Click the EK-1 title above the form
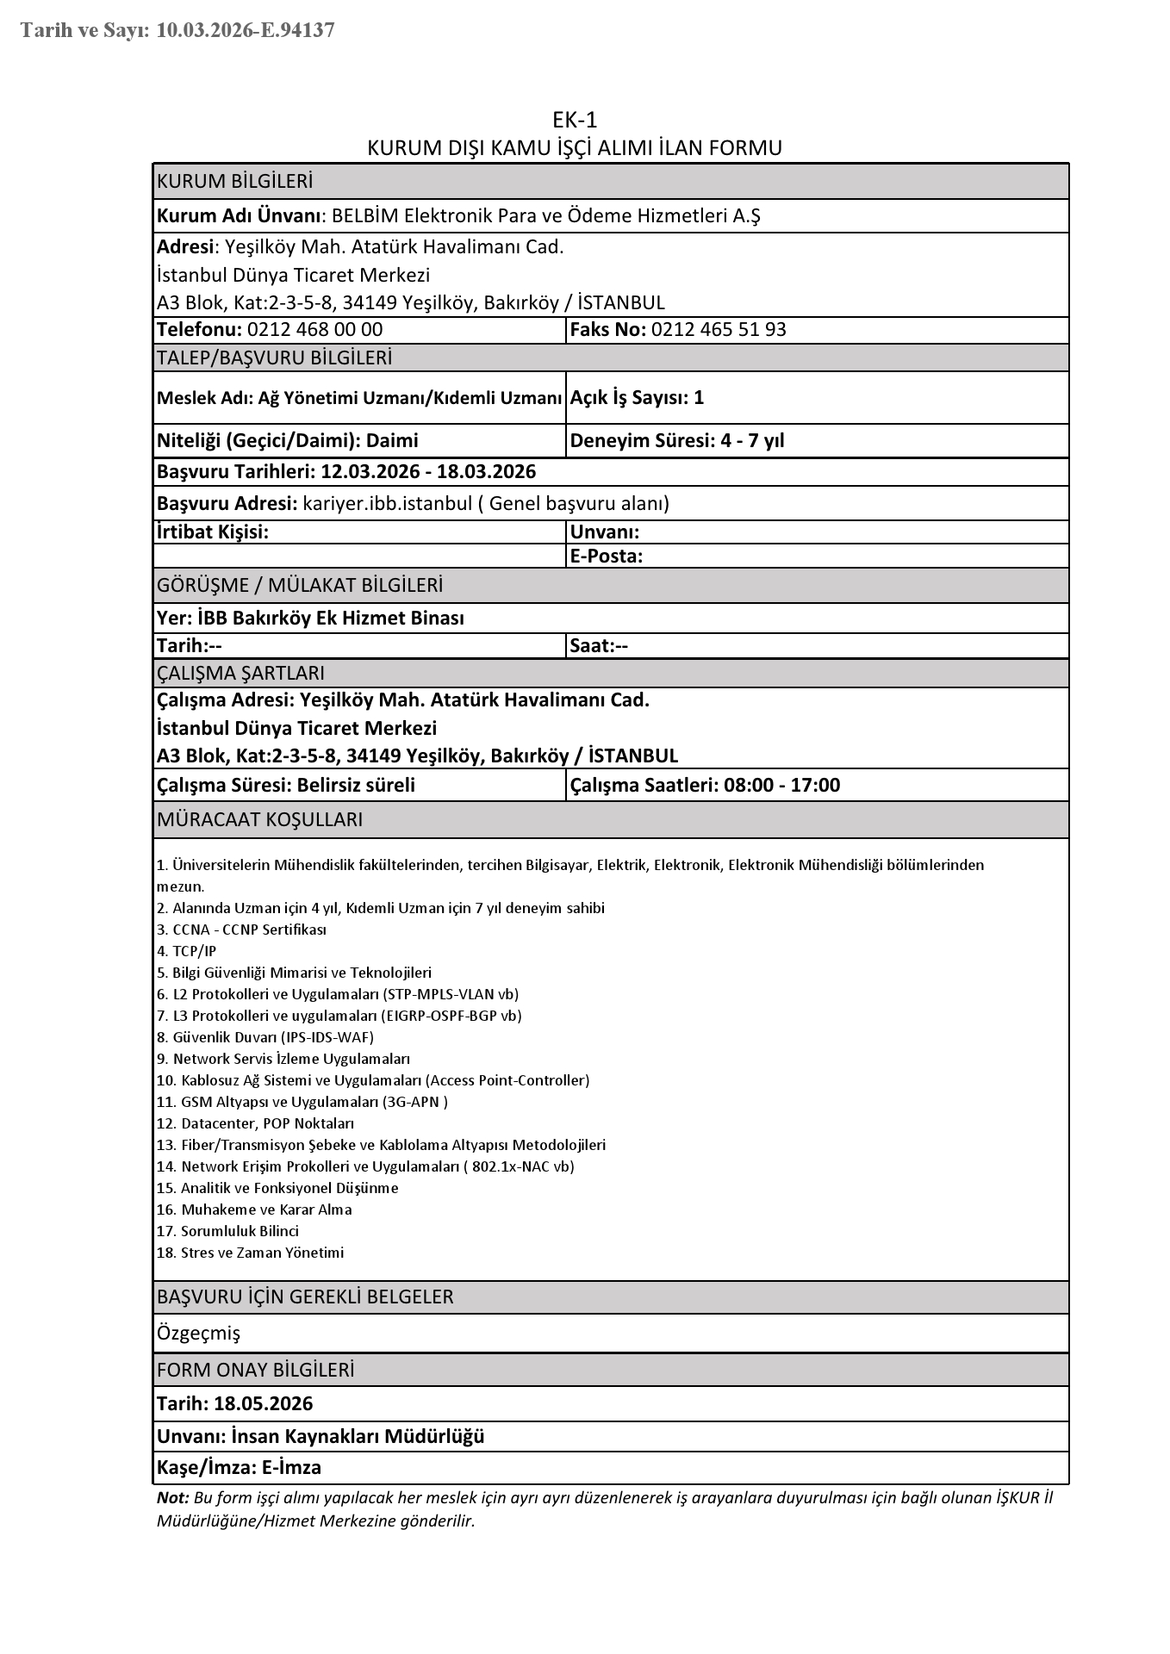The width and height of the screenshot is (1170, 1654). coord(575,120)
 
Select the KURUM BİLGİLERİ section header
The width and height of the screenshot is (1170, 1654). coord(234,182)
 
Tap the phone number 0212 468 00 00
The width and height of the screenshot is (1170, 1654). coord(314,330)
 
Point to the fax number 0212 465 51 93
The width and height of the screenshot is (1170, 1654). coord(719,330)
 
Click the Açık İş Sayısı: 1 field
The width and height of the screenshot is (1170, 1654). coord(637,397)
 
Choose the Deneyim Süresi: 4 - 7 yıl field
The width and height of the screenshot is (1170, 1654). coord(677,441)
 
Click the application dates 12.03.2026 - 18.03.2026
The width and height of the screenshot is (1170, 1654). coord(427,472)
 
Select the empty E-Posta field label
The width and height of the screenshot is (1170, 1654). coord(607,557)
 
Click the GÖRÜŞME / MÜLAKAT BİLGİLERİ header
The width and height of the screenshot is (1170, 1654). coord(300,586)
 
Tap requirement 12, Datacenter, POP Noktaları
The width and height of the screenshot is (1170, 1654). coord(256,1123)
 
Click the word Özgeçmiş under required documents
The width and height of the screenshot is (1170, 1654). coord(199,1334)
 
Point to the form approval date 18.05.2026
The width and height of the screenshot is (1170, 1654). coord(263,1403)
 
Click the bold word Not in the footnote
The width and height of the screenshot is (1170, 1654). coord(171,1498)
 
